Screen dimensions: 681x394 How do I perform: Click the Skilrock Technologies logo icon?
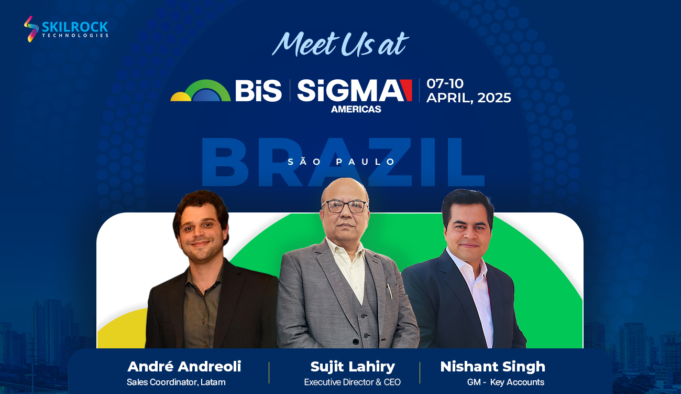pyautogui.click(x=31, y=29)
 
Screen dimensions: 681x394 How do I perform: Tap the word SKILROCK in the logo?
pyautogui.click(x=75, y=27)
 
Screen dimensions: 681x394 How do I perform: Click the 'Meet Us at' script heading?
pyautogui.click(x=340, y=44)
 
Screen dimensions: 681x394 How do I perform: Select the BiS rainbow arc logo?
pyautogui.click(x=201, y=90)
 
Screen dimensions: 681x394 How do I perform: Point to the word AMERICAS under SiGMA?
pyautogui.click(x=356, y=109)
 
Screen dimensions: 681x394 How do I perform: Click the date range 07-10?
pyautogui.click(x=445, y=83)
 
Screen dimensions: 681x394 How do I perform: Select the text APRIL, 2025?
pyautogui.click(x=468, y=98)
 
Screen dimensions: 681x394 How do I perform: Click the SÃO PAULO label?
pyautogui.click(x=341, y=162)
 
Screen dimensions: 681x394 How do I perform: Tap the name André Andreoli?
pyautogui.click(x=184, y=366)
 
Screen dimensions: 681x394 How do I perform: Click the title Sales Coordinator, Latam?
pyautogui.click(x=176, y=382)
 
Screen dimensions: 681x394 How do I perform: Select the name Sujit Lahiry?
pyautogui.click(x=353, y=367)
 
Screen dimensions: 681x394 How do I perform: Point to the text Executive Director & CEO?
pyautogui.click(x=353, y=382)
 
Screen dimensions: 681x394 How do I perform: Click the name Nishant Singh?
pyautogui.click(x=493, y=367)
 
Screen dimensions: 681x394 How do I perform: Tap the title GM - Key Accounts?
pyautogui.click(x=506, y=382)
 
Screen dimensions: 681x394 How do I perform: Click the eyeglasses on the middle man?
pyautogui.click(x=345, y=207)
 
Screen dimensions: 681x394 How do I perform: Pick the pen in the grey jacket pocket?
pyautogui.click(x=390, y=291)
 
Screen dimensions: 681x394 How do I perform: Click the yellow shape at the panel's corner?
pyautogui.click(x=122, y=328)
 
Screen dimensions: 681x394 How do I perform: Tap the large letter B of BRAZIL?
pyautogui.click(x=225, y=162)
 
